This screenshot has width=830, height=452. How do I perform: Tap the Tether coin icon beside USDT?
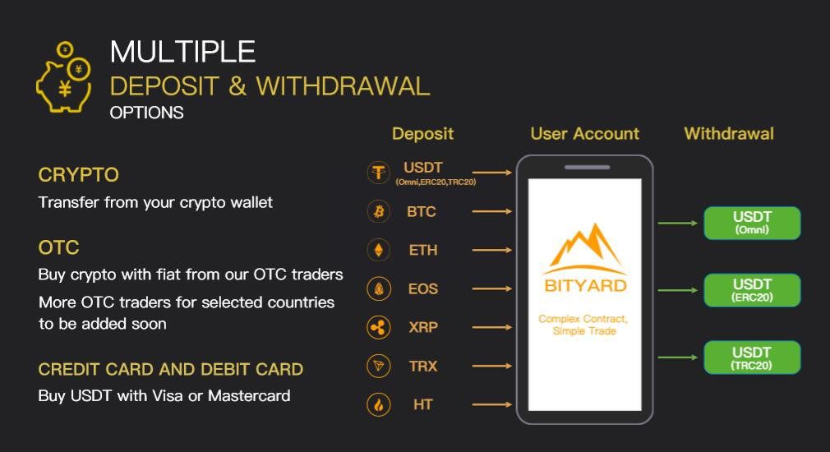[x=379, y=173]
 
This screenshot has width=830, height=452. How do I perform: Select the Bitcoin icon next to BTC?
[x=379, y=212]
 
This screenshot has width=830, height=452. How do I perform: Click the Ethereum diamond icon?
[x=379, y=250]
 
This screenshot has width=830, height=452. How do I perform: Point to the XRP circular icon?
[x=379, y=328]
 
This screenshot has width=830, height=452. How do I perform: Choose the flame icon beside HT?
[x=379, y=405]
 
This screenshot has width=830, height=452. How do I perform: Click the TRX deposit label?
[x=423, y=367]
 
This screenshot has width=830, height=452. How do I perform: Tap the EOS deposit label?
[x=423, y=289]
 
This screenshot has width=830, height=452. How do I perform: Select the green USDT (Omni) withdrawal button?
[x=752, y=223]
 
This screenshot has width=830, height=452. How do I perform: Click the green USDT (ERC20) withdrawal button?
[x=752, y=290]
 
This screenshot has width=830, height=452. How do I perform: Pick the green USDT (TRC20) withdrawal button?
[x=752, y=357]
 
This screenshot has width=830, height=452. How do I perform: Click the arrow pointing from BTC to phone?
[x=491, y=212]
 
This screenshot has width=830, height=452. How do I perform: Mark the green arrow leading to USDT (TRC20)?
[x=677, y=357]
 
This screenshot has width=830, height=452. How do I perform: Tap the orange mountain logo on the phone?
[x=586, y=249]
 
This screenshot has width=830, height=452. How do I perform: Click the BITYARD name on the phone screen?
[x=585, y=286]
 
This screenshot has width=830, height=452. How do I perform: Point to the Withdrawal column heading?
[x=729, y=134]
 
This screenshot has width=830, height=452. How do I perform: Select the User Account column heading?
[x=585, y=134]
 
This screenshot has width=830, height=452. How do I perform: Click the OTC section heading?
[x=58, y=247]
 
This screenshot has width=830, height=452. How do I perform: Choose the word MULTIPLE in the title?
[x=182, y=52]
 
